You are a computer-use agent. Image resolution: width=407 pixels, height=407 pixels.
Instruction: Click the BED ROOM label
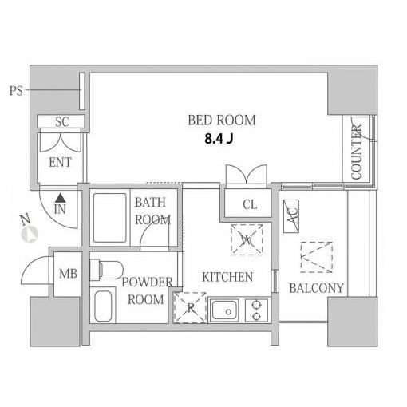tap(222, 121)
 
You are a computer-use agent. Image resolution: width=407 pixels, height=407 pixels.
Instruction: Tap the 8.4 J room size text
tap(219, 139)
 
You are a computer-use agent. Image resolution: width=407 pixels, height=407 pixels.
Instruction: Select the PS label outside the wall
tap(16, 91)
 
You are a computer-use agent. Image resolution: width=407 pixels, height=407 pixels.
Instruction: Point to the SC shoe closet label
tap(62, 122)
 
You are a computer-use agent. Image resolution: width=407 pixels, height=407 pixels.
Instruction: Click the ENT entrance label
tap(60, 162)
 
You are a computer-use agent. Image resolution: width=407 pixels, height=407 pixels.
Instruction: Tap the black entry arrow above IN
tap(61, 198)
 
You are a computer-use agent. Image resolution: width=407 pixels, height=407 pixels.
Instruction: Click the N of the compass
tap(26, 220)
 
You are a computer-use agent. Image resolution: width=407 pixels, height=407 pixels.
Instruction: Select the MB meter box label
tap(68, 274)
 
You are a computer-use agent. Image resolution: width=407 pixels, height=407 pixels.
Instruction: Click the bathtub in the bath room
tap(109, 218)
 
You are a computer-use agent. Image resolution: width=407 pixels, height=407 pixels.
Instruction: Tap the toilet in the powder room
tap(106, 270)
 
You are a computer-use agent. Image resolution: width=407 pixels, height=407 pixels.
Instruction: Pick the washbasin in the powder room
tap(103, 306)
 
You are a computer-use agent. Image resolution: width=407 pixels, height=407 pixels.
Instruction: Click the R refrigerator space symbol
tap(190, 307)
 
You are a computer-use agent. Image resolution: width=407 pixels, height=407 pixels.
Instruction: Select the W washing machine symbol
tap(247, 240)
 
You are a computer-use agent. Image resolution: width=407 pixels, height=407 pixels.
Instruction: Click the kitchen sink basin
tap(224, 310)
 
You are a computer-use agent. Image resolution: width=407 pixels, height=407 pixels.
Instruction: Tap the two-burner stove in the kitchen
tap(256, 310)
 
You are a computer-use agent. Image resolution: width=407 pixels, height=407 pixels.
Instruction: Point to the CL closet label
tap(250, 204)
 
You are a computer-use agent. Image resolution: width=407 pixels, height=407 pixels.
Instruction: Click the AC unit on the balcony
tap(291, 216)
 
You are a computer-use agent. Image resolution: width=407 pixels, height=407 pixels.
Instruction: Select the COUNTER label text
tap(356, 152)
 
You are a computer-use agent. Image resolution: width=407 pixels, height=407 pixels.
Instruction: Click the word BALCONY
tap(316, 288)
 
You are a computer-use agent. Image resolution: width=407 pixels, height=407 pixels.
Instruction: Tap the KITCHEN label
tap(227, 277)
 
